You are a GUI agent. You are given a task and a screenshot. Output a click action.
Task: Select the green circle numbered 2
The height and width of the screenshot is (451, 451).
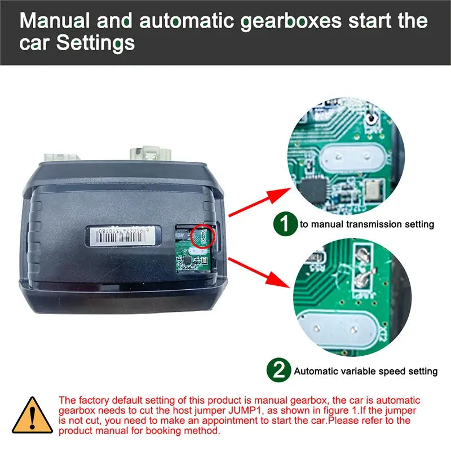point(278,370)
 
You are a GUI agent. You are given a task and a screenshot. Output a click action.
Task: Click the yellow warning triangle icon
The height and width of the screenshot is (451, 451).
point(32,415)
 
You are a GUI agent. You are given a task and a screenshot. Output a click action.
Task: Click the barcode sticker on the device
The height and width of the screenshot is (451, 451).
point(120,233)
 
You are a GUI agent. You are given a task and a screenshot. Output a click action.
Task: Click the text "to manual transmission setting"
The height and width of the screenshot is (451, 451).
point(367,224)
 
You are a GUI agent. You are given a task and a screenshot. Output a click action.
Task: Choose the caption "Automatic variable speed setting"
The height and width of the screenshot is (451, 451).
point(365,371)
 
